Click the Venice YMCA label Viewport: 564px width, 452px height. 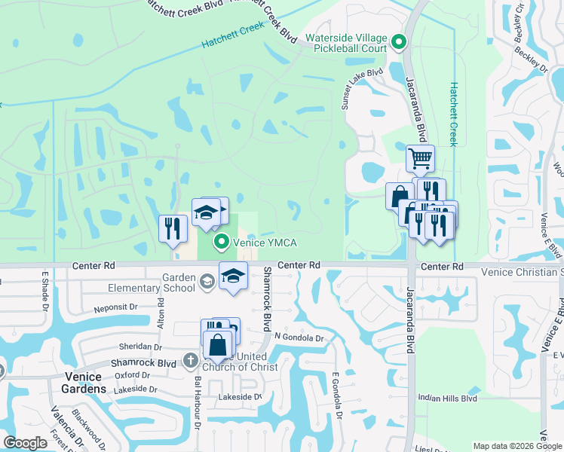265,242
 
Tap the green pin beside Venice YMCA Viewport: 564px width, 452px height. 221,242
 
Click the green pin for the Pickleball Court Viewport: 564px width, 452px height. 400,43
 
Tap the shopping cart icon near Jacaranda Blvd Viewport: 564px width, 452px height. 420,159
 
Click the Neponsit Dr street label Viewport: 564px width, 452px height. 115,308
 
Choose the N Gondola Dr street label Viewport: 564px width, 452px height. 299,337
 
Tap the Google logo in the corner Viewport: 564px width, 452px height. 26,443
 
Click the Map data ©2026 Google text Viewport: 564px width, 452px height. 516,445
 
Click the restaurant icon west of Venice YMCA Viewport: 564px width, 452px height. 173,228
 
